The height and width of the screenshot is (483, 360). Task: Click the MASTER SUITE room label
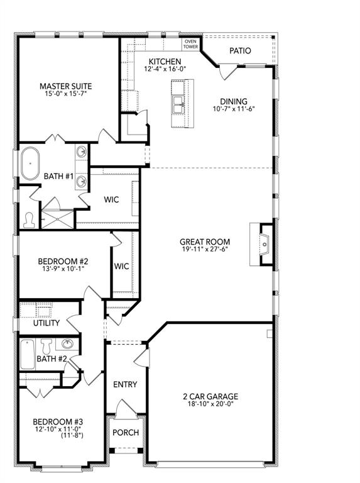[66, 86]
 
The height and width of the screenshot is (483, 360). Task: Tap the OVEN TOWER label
[190, 43]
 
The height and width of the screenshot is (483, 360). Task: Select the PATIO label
[240, 50]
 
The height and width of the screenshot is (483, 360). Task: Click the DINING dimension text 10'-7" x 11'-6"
[233, 109]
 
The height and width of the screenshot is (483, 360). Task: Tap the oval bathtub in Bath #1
[30, 164]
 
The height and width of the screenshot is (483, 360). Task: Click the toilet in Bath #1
[30, 219]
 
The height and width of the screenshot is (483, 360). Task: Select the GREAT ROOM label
[204, 241]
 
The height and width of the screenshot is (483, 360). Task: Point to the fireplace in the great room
[264, 244]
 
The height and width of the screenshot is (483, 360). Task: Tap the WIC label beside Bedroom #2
[121, 266]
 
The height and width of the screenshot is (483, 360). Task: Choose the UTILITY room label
[46, 323]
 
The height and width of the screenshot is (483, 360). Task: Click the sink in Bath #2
[67, 344]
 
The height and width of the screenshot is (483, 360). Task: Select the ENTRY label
[125, 384]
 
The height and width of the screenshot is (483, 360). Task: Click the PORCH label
[125, 433]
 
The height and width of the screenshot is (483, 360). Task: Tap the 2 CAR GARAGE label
[210, 396]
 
